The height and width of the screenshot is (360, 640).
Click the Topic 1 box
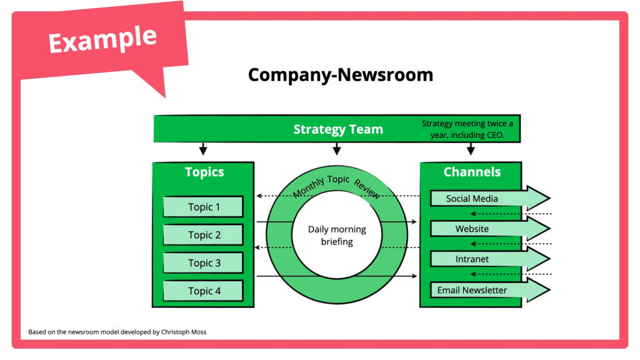[x=203, y=207]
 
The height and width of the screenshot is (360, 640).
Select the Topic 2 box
[x=203, y=235]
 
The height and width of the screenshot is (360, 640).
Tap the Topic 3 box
[x=203, y=263]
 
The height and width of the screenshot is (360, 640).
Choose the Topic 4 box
[x=203, y=291]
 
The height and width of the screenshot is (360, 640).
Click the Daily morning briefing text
[x=337, y=236]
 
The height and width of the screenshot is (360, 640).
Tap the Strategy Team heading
[x=338, y=129]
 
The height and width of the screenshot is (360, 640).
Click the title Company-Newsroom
[x=341, y=75]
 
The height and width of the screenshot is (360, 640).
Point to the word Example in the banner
[x=102, y=39]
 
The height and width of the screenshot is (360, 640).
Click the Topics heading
[x=204, y=172]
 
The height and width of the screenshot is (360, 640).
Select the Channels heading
[x=472, y=172]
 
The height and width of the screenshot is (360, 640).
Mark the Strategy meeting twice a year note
[x=467, y=129]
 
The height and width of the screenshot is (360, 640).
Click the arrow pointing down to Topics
[x=202, y=149]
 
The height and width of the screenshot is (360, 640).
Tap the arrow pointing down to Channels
[x=471, y=149]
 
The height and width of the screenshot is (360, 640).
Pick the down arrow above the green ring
[x=337, y=149]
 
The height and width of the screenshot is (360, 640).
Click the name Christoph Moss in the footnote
[x=184, y=332]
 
